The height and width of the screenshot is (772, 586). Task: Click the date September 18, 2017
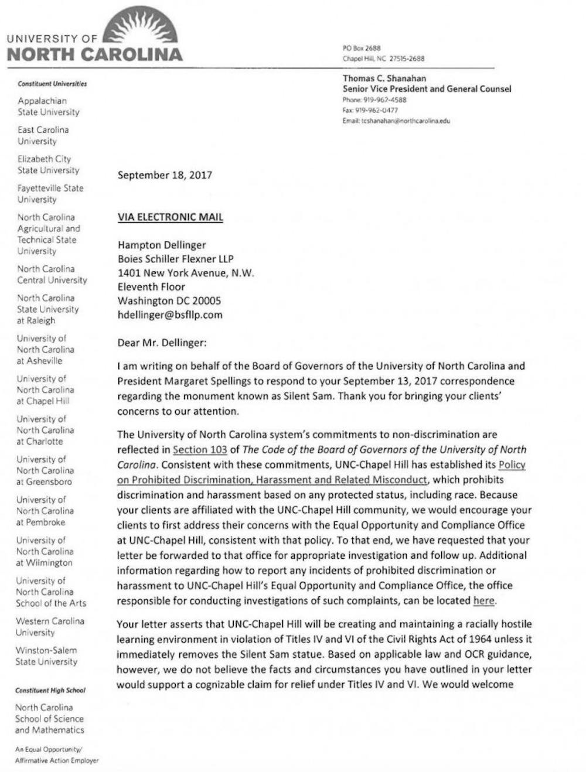[165, 175]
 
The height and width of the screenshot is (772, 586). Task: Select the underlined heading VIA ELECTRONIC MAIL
[170, 217]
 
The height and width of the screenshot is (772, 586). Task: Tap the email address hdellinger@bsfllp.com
[170, 315]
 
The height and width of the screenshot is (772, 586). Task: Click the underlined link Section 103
[199, 449]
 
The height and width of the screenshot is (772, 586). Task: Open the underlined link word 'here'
[483, 600]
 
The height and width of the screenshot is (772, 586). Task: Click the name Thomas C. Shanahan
[384, 78]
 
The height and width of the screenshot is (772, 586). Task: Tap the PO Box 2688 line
[362, 48]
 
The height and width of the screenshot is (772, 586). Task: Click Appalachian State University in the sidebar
[48, 106]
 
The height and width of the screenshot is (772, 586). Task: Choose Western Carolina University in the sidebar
[50, 627]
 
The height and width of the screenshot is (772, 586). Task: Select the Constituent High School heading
[50, 690]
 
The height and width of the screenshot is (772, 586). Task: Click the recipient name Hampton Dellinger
[162, 245]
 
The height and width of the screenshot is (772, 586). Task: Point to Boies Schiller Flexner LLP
[176, 259]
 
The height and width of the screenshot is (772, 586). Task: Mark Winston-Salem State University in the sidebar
[46, 656]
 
